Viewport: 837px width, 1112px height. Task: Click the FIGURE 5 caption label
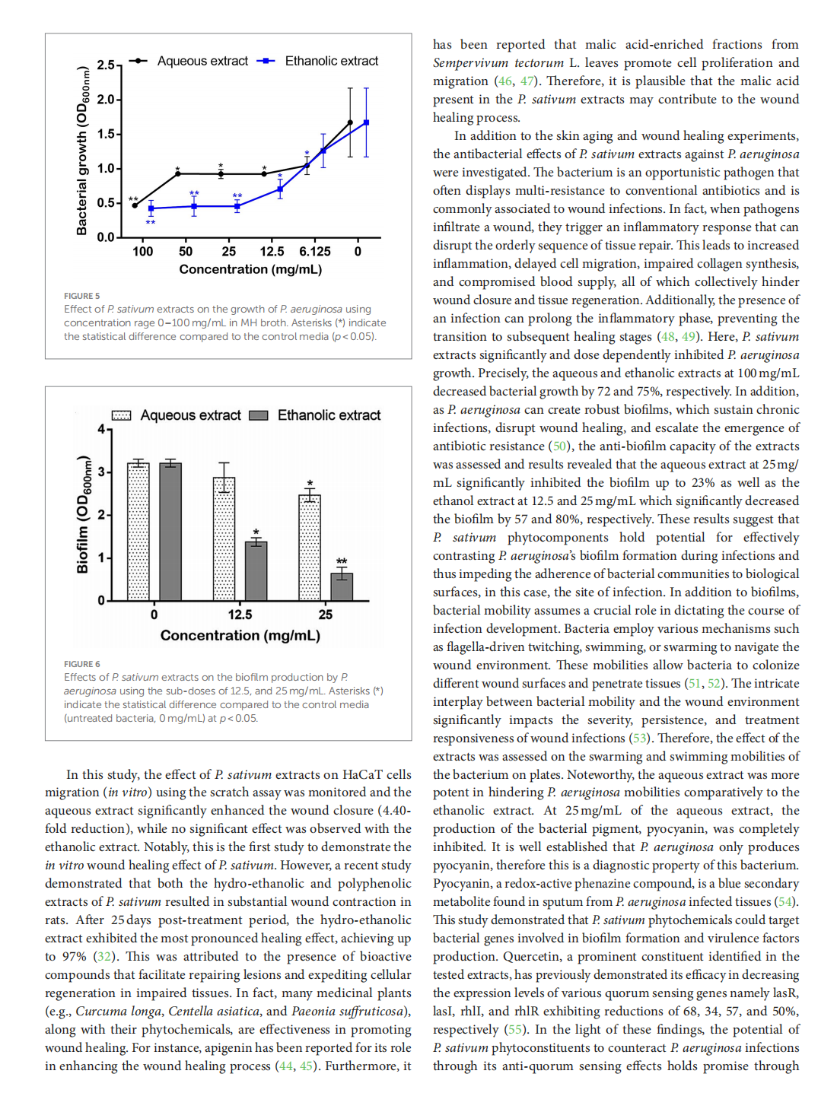(x=81, y=296)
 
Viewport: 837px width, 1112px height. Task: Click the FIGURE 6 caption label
(x=81, y=664)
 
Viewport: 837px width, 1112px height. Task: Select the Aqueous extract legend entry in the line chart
(x=202, y=61)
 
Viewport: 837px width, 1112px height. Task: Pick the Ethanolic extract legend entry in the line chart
(x=331, y=61)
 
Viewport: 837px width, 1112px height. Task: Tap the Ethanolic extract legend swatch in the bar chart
(x=259, y=415)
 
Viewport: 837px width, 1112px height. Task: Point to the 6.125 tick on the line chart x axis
(x=314, y=252)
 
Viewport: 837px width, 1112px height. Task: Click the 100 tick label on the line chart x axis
(x=142, y=252)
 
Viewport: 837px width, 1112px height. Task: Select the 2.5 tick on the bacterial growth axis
(x=105, y=65)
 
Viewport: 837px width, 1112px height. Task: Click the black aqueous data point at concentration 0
(x=350, y=122)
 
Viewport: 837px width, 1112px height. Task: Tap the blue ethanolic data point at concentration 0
(x=366, y=122)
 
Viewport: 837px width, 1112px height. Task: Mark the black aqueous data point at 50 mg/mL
(x=178, y=173)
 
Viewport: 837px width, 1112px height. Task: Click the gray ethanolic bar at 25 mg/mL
(x=342, y=586)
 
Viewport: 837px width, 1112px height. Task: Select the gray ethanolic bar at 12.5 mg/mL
(x=256, y=570)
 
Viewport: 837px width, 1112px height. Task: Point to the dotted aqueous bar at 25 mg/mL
(x=310, y=548)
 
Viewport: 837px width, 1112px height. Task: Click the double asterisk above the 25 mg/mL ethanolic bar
(x=342, y=561)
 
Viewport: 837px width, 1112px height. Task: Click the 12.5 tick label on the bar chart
(x=240, y=615)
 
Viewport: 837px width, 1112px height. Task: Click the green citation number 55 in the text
(x=515, y=1029)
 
